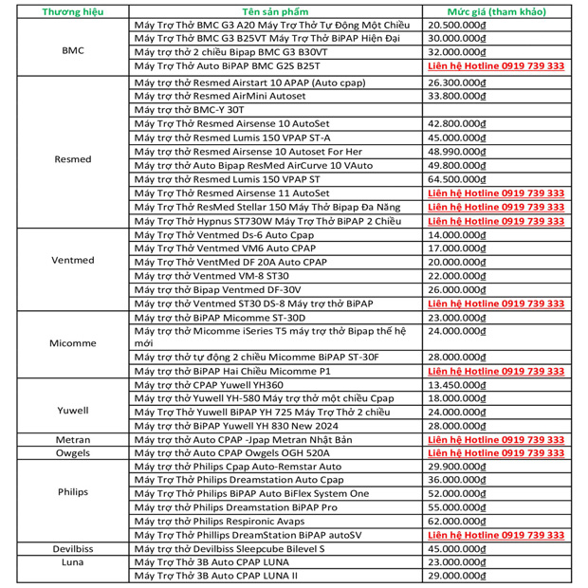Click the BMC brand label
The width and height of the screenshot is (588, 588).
point(72,50)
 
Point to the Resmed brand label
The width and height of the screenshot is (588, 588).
point(73,158)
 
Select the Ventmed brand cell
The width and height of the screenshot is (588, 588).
point(73,261)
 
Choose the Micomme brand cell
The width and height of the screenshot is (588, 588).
point(72,343)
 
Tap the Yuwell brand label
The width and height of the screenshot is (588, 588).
point(73,411)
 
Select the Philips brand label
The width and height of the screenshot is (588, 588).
point(73,493)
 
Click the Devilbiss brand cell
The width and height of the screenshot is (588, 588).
point(73,548)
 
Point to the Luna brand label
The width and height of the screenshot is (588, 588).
point(73,561)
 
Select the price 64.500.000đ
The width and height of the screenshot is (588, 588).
point(459,178)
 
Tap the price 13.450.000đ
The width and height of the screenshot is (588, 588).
point(459,385)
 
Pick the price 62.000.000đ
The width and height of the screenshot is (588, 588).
point(459,521)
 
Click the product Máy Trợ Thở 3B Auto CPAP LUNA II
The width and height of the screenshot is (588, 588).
point(217,576)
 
